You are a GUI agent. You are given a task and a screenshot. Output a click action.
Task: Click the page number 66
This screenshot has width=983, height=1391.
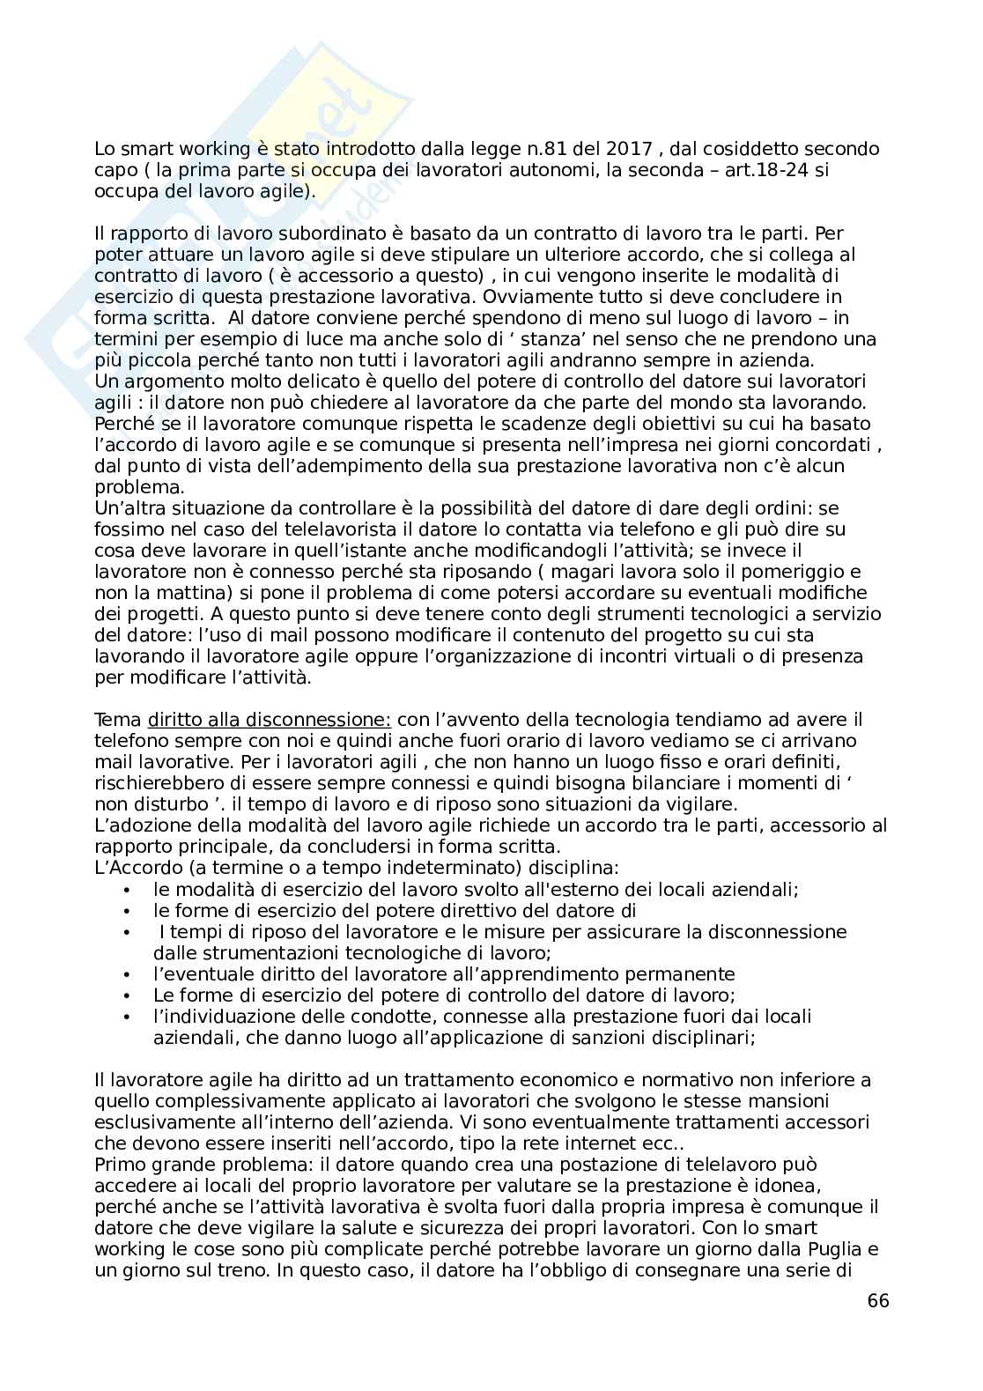tap(877, 1300)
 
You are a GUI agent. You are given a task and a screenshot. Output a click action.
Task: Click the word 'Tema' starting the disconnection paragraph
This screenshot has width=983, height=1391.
tap(116, 720)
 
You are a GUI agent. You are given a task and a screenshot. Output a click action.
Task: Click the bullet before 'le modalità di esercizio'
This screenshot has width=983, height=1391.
tap(129, 890)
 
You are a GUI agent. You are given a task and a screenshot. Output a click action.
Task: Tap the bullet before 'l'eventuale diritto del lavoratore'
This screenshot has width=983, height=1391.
tap(129, 974)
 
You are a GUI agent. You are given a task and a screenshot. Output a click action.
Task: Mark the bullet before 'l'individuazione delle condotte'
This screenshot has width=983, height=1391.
tap(129, 1017)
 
